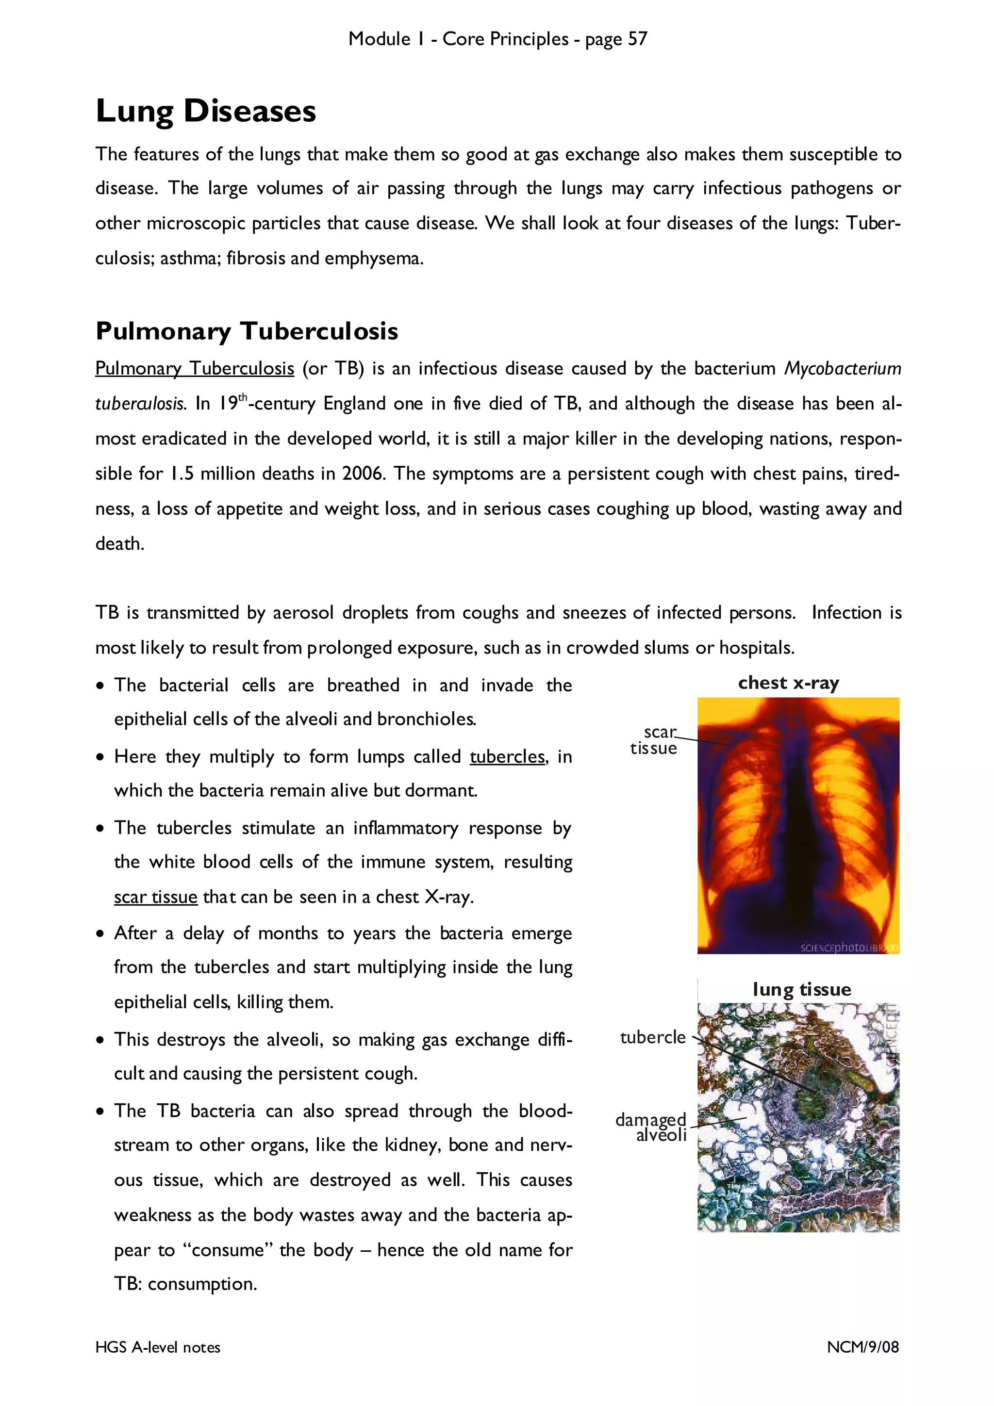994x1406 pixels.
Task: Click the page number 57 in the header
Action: [x=637, y=39]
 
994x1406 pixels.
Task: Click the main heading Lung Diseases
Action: [x=206, y=112]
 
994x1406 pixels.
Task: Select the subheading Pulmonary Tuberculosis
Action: [x=247, y=331]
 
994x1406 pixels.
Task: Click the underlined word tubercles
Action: [x=508, y=757]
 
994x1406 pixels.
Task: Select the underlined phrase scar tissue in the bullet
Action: [x=156, y=897]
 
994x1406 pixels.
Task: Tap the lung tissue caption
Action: [x=802, y=990]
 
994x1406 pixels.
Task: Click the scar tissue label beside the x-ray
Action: [x=654, y=740]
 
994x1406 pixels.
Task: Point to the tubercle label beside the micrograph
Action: [x=652, y=1037]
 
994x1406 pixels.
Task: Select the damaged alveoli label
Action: [x=652, y=1128]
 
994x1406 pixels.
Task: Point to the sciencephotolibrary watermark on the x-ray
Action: [x=849, y=948]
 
